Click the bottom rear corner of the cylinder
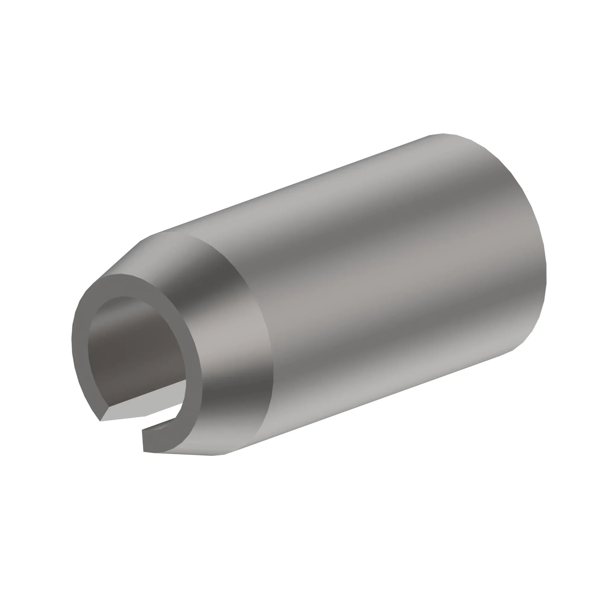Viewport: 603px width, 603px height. tap(512, 351)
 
